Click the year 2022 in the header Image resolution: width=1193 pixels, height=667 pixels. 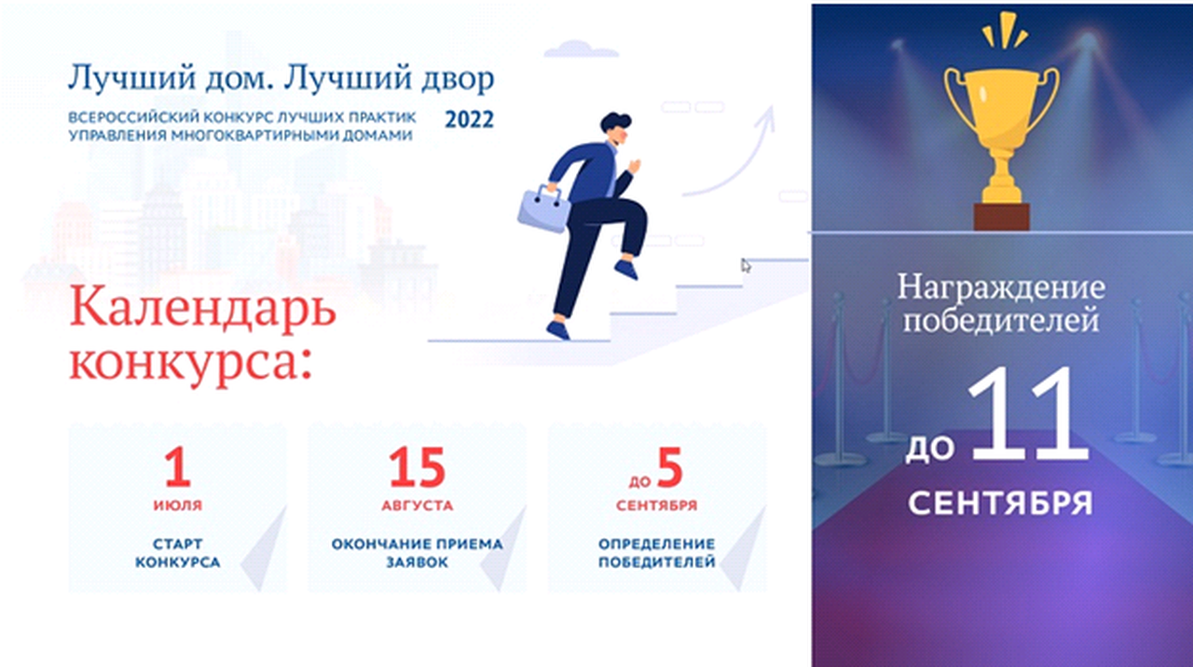pos(469,119)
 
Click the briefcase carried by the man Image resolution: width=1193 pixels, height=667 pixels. pos(543,210)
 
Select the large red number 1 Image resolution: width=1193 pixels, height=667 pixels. pos(178,467)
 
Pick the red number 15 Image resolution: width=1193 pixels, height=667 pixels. pos(417,467)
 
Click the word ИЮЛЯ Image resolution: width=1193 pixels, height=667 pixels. pos(178,505)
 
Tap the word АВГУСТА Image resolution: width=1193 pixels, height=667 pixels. pos(417,505)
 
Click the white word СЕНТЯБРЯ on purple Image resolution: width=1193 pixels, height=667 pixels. pos(1001,503)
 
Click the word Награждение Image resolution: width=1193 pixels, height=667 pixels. pos(1001,288)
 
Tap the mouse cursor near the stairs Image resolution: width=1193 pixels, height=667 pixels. pos(746,265)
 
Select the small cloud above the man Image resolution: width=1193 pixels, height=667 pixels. pos(581,49)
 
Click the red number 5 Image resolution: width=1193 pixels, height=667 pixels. pos(669,467)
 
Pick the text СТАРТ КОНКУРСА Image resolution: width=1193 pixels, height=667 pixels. pos(177,553)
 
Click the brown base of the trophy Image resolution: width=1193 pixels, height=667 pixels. pos(1002,216)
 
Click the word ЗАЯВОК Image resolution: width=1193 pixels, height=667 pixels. pos(417,562)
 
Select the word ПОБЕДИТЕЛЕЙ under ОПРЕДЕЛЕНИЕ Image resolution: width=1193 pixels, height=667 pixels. pos(657,562)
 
